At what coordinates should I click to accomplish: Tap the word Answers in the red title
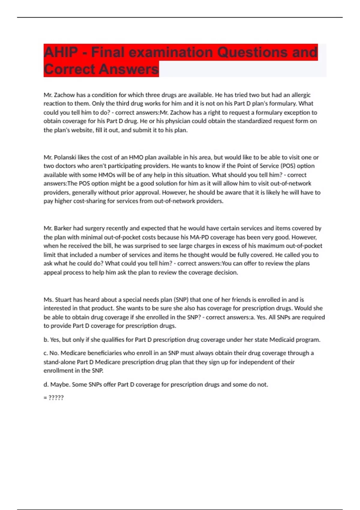coord(129,69)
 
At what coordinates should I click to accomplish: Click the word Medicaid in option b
coord(281,340)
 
